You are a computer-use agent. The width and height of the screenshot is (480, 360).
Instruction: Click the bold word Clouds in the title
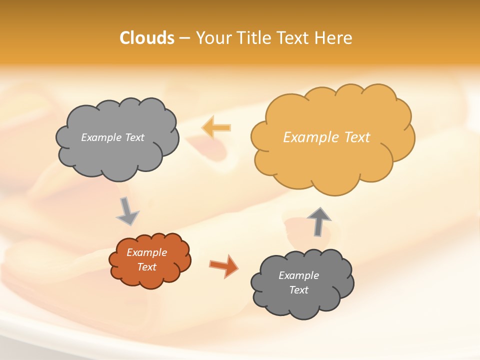click(147, 38)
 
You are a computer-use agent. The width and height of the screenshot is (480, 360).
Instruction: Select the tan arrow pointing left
click(216, 127)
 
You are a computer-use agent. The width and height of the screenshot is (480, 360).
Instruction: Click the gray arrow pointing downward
click(127, 211)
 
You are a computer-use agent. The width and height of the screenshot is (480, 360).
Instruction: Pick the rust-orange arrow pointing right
click(223, 265)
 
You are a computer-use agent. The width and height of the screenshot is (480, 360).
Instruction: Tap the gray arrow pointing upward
click(319, 221)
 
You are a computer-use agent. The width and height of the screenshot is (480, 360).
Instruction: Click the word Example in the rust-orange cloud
click(146, 252)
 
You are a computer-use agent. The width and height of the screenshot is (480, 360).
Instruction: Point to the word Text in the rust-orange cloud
click(146, 267)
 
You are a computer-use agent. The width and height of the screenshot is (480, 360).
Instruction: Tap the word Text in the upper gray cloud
click(135, 137)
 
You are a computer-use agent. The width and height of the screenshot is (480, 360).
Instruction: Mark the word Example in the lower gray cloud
click(298, 275)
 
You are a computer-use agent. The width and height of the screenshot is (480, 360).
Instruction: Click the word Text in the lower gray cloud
click(298, 290)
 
